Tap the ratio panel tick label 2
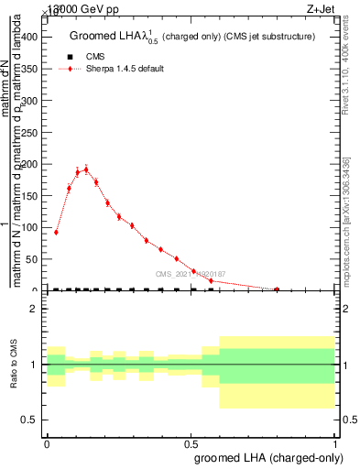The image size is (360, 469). click(34, 309)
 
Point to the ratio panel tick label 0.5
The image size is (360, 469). click(30, 420)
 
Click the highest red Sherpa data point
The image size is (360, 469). click(86, 169)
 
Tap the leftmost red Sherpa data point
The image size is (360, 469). click(57, 232)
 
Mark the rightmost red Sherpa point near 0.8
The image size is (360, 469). click(277, 289)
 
